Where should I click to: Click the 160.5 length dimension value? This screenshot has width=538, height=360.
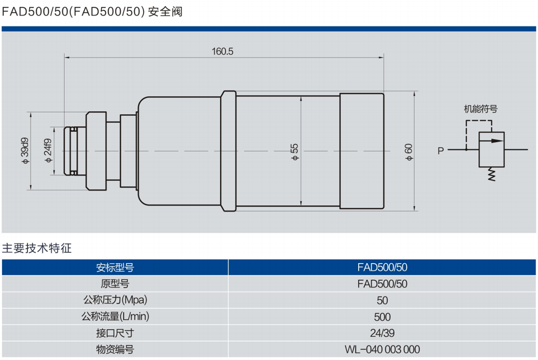[222, 52]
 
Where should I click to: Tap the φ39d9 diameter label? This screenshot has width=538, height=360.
[25, 151]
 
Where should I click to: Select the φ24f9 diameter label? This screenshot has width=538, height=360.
[47, 151]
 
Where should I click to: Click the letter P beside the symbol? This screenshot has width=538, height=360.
[441, 151]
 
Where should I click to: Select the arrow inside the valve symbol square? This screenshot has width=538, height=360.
[491, 141]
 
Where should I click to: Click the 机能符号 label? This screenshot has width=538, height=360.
[481, 109]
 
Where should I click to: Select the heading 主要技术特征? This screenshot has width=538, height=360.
[37, 249]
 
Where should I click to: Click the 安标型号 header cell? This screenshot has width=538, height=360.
[115, 267]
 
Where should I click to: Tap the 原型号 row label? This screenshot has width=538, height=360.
[115, 284]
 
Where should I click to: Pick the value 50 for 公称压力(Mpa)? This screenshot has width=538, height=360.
[382, 300]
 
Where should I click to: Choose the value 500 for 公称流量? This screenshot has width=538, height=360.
[382, 317]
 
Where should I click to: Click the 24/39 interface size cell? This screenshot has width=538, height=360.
[382, 333]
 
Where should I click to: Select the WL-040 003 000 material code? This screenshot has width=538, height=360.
[382, 350]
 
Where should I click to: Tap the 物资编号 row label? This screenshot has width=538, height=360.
[115, 350]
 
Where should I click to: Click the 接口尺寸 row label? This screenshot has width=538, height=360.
[115, 333]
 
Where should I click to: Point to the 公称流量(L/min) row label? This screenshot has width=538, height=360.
[115, 317]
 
